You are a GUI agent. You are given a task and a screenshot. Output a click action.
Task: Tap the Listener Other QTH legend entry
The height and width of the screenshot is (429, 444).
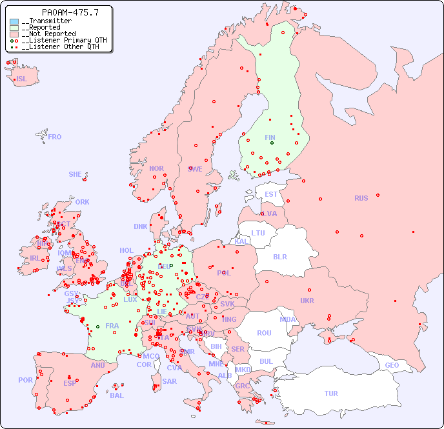coord(59,47)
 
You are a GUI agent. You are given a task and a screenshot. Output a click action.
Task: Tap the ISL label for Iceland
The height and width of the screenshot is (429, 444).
coord(21,79)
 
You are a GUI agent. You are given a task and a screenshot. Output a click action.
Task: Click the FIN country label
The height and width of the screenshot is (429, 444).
coord(270,137)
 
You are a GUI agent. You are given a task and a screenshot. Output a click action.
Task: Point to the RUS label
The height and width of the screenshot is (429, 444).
coord(361,198)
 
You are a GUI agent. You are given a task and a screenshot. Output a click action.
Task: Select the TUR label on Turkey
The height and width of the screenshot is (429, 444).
coord(331,394)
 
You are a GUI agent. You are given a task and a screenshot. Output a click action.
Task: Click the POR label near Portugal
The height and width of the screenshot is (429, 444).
coord(25,380)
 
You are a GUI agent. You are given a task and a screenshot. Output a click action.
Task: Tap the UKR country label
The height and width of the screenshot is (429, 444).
coord(307,301)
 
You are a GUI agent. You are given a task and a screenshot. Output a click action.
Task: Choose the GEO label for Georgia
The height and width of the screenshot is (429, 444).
coord(392,365)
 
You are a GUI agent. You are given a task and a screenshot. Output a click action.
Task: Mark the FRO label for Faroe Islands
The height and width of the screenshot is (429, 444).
coord(55,137)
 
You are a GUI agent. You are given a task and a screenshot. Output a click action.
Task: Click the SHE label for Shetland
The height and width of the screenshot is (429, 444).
coord(76,174)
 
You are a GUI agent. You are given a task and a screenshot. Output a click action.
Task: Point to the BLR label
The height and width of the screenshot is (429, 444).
coord(279,256)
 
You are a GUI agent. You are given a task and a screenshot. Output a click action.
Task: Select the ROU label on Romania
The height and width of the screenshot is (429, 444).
coord(264,333)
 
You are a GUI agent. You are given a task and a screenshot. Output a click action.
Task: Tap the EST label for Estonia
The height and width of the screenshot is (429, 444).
coord(271,194)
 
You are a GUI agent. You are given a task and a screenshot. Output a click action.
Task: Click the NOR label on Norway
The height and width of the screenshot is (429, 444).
coord(156,168)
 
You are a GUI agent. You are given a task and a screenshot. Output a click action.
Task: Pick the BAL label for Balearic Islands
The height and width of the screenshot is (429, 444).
coord(117,395)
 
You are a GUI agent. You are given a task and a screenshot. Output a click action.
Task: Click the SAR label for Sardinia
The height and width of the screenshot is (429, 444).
coord(169,381)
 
